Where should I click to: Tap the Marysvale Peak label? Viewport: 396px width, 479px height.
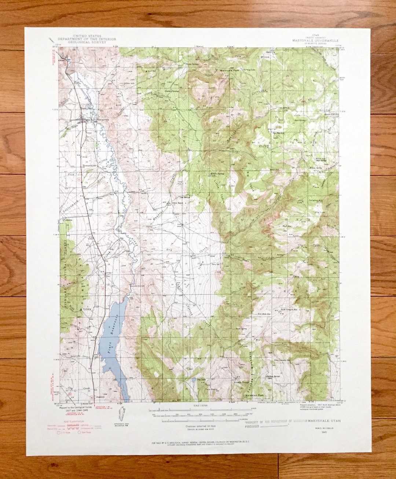(229, 70)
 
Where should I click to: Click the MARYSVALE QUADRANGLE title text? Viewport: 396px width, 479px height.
(315, 41)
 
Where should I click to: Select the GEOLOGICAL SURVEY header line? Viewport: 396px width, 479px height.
(87, 42)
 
